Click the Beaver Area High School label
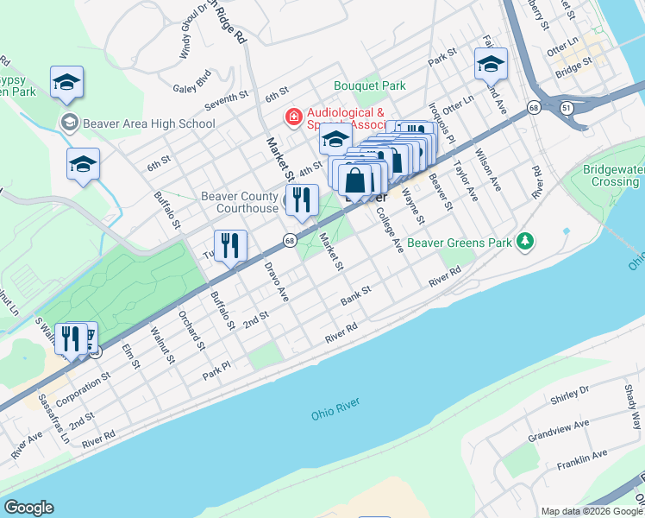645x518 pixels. (x=148, y=123)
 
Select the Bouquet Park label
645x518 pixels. (x=370, y=86)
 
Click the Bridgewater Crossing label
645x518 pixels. (x=610, y=175)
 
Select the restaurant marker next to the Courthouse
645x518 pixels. (x=303, y=199)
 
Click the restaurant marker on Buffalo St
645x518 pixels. (x=231, y=245)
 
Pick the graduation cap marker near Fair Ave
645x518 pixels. (x=491, y=63)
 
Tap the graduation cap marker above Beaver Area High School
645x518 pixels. (x=67, y=81)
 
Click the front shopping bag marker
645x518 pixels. (x=355, y=180)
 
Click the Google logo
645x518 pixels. (x=28, y=508)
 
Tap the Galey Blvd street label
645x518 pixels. (x=191, y=86)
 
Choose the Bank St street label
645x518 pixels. (x=354, y=296)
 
